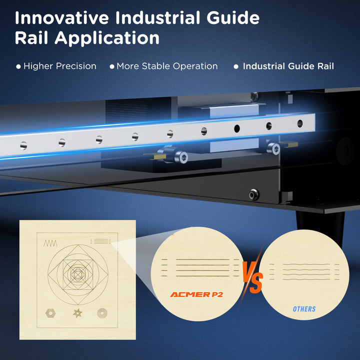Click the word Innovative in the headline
click(x=62, y=18)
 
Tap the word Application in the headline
click(x=107, y=38)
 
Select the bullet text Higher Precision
click(x=59, y=66)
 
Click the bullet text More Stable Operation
click(x=167, y=66)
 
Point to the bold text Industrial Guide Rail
click(x=288, y=66)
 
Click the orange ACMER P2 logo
click(x=196, y=294)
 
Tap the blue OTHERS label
click(x=304, y=309)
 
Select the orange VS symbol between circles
click(x=253, y=277)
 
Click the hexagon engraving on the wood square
click(x=50, y=313)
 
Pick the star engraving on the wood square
click(x=77, y=313)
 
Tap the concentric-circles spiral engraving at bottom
click(x=102, y=313)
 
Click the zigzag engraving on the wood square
click(x=50, y=243)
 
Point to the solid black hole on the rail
click(x=237, y=128)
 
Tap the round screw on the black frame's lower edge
click(x=254, y=194)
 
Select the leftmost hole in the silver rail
click(x=23, y=146)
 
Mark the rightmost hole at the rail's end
click(x=300, y=123)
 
